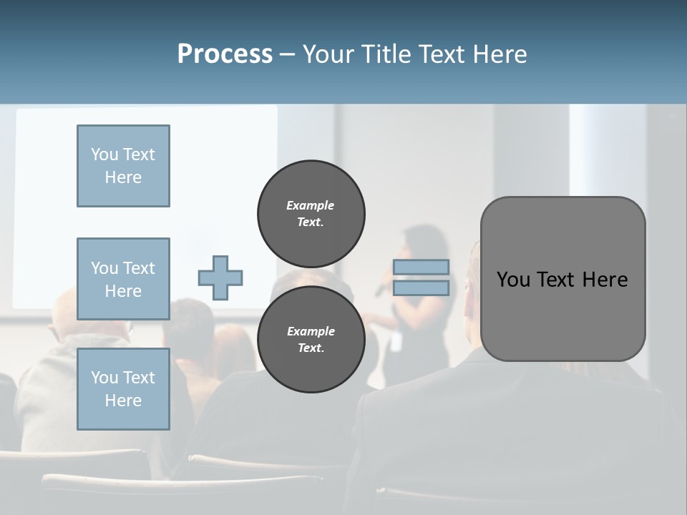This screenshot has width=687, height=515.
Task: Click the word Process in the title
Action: coord(225,54)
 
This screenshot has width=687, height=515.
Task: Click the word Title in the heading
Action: coord(386,54)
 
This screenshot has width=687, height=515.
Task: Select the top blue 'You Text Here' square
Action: coord(123,166)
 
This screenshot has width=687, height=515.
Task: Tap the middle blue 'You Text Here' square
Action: coord(123,279)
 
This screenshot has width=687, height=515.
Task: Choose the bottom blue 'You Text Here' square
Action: coord(123,389)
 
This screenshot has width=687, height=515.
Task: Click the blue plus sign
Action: coord(220,278)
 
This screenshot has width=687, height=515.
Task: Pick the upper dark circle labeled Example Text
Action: coord(311,213)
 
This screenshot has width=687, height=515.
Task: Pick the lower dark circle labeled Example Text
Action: coord(311,339)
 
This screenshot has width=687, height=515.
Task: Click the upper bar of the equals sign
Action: coord(422,267)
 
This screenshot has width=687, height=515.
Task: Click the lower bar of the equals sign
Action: coord(422,288)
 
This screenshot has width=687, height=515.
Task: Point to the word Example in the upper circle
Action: coord(311,205)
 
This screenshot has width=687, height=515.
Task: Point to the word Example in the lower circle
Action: coord(311,331)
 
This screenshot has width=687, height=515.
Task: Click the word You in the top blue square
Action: coord(104,154)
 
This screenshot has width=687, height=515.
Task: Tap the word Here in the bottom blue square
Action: coord(123,401)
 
